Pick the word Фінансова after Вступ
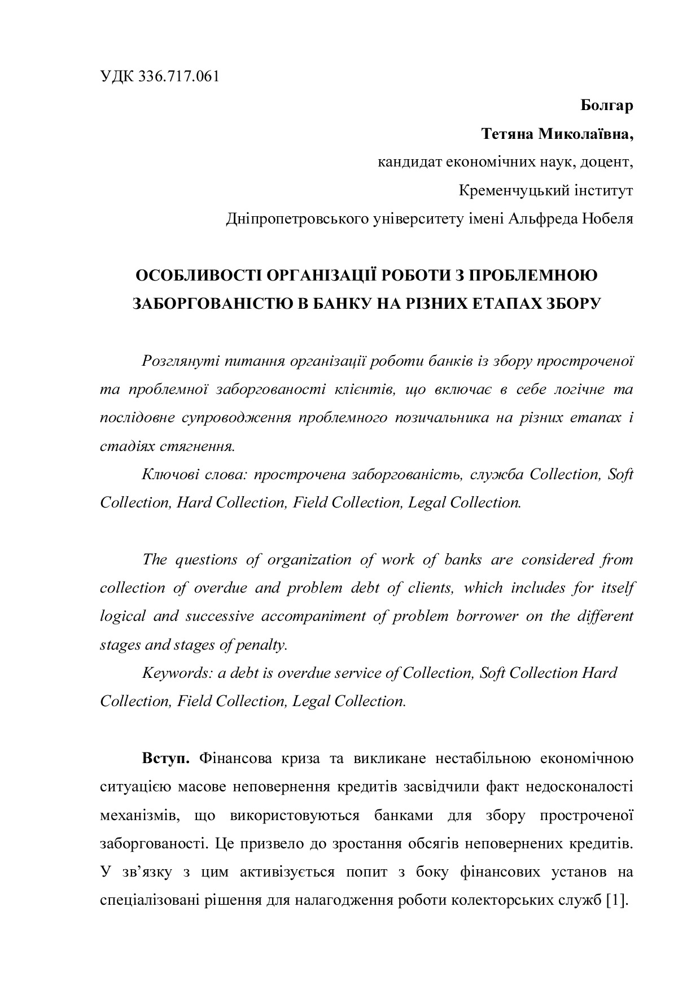(x=233, y=758)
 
